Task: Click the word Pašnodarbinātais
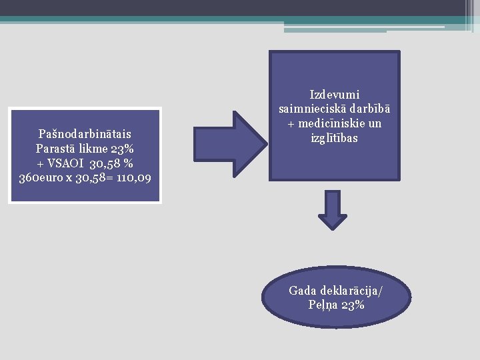[x=85, y=135]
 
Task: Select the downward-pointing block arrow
[x=333, y=210]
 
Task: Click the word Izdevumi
[x=335, y=95]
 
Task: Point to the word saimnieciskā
[x=311, y=109]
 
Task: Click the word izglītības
[x=335, y=138]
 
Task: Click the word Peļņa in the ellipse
[x=323, y=305]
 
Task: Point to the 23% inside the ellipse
[x=353, y=305]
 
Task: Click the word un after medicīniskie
[x=374, y=124]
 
